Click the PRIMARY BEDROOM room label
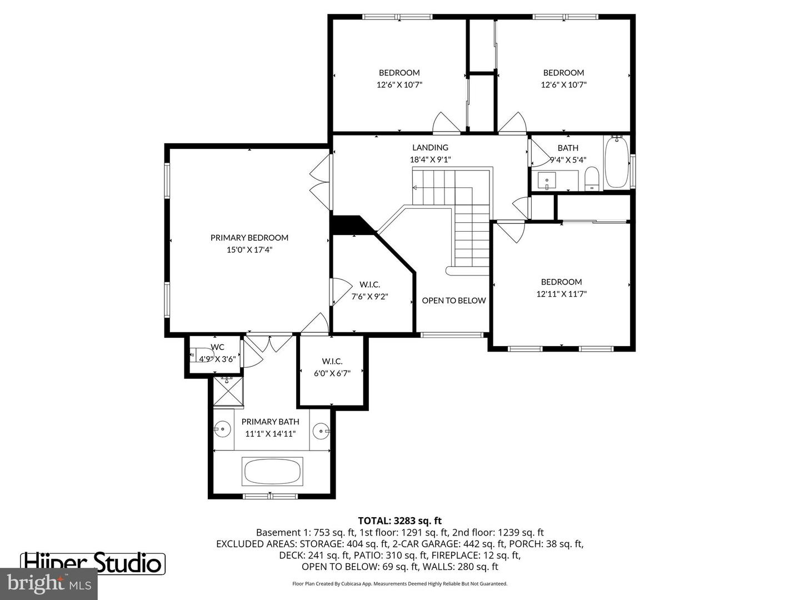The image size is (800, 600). [x=249, y=238]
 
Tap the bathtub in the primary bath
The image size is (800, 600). [x=272, y=472]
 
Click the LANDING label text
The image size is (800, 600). [x=430, y=148]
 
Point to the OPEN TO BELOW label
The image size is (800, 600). [x=453, y=301]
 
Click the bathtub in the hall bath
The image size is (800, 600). [x=616, y=162]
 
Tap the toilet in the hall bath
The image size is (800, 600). [x=592, y=178]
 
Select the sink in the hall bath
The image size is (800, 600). [x=547, y=181]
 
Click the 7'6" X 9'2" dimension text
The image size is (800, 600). [x=369, y=297]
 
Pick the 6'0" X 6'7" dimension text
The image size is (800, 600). [x=332, y=373]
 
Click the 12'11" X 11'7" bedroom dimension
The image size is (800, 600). [x=561, y=294]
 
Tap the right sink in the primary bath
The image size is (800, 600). [x=321, y=431]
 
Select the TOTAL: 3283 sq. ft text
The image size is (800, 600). [x=399, y=521]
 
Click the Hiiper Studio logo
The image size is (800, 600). [x=93, y=562]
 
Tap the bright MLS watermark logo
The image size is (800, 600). [x=49, y=583]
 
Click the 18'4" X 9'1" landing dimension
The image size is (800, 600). [x=430, y=159]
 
